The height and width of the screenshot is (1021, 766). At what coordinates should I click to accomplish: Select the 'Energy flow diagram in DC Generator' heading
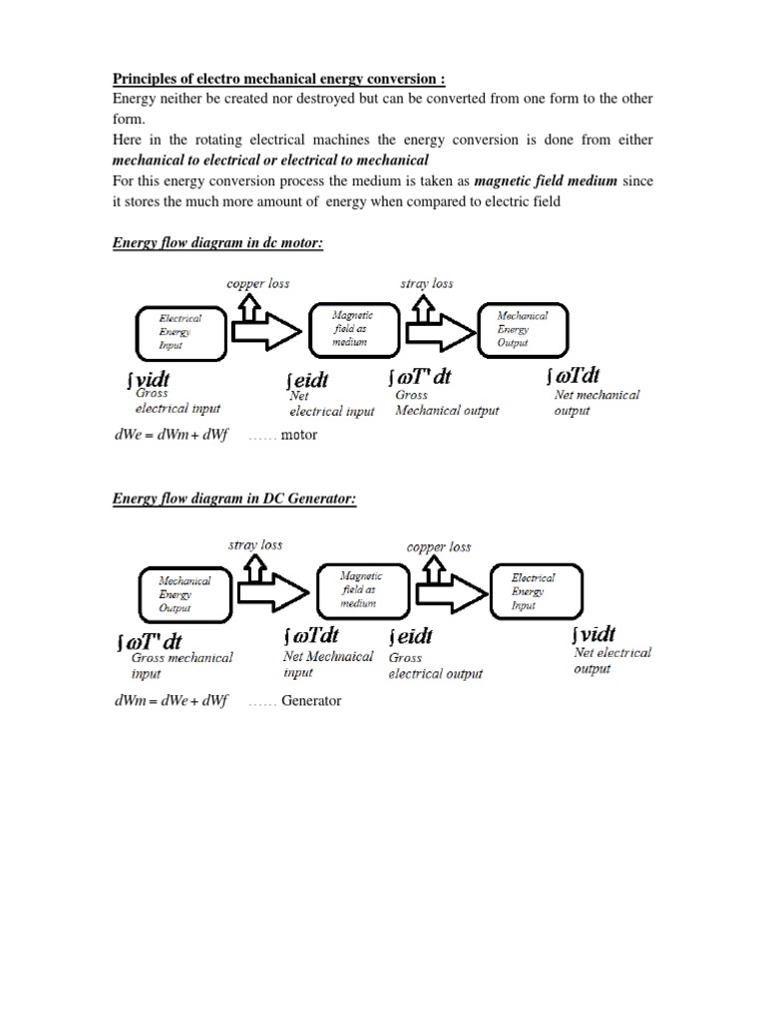point(233,499)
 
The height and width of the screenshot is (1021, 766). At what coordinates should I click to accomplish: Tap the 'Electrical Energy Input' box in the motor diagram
point(181,331)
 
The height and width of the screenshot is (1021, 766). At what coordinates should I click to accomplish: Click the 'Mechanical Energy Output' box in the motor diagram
point(523,328)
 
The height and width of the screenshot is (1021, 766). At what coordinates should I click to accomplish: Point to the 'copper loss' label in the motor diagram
point(258,283)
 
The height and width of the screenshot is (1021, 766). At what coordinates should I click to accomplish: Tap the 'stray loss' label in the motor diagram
point(426,283)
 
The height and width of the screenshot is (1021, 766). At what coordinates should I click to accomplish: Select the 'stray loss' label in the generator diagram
point(255,544)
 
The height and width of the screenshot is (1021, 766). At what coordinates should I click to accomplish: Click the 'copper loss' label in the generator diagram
point(439,546)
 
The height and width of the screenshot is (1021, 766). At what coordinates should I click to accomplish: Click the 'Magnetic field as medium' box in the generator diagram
point(360,589)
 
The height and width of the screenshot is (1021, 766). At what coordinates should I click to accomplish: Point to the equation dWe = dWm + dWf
point(171,435)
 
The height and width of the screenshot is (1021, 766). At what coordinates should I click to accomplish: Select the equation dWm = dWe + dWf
point(171,701)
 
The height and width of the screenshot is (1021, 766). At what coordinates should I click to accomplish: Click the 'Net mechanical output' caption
point(596,402)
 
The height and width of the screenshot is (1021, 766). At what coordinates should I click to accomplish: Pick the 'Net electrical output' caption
point(612,660)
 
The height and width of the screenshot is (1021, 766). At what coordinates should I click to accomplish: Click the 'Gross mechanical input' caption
point(182,665)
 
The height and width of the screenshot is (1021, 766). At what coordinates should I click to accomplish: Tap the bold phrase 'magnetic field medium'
point(546,179)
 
